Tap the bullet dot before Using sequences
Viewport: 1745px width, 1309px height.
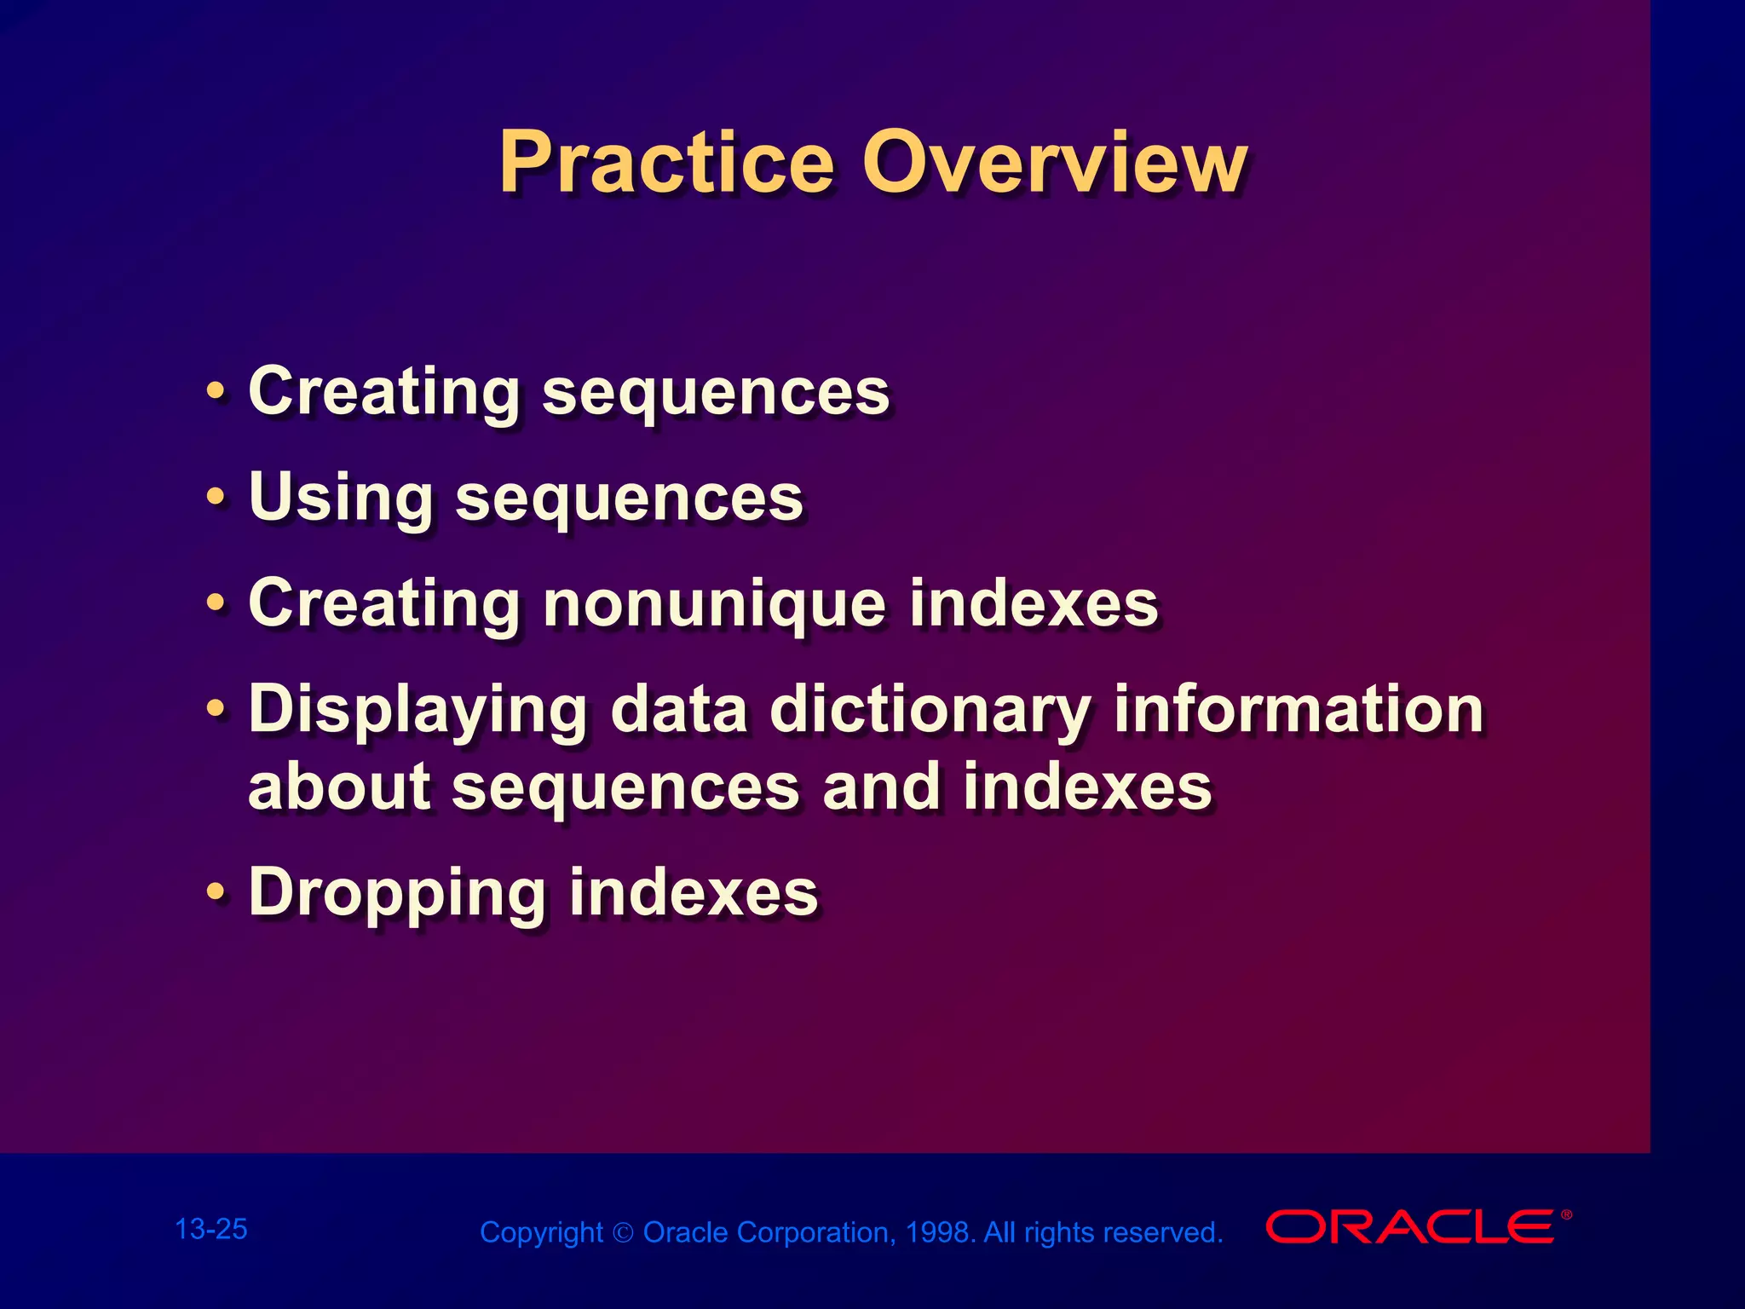[x=216, y=497]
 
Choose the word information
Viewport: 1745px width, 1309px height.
[x=1299, y=709]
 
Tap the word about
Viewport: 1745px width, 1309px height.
[x=339, y=786]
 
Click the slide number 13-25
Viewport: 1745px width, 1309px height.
[x=210, y=1229]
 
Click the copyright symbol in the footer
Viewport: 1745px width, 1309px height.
[x=623, y=1233]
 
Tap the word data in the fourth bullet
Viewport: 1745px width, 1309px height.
[x=679, y=711]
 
